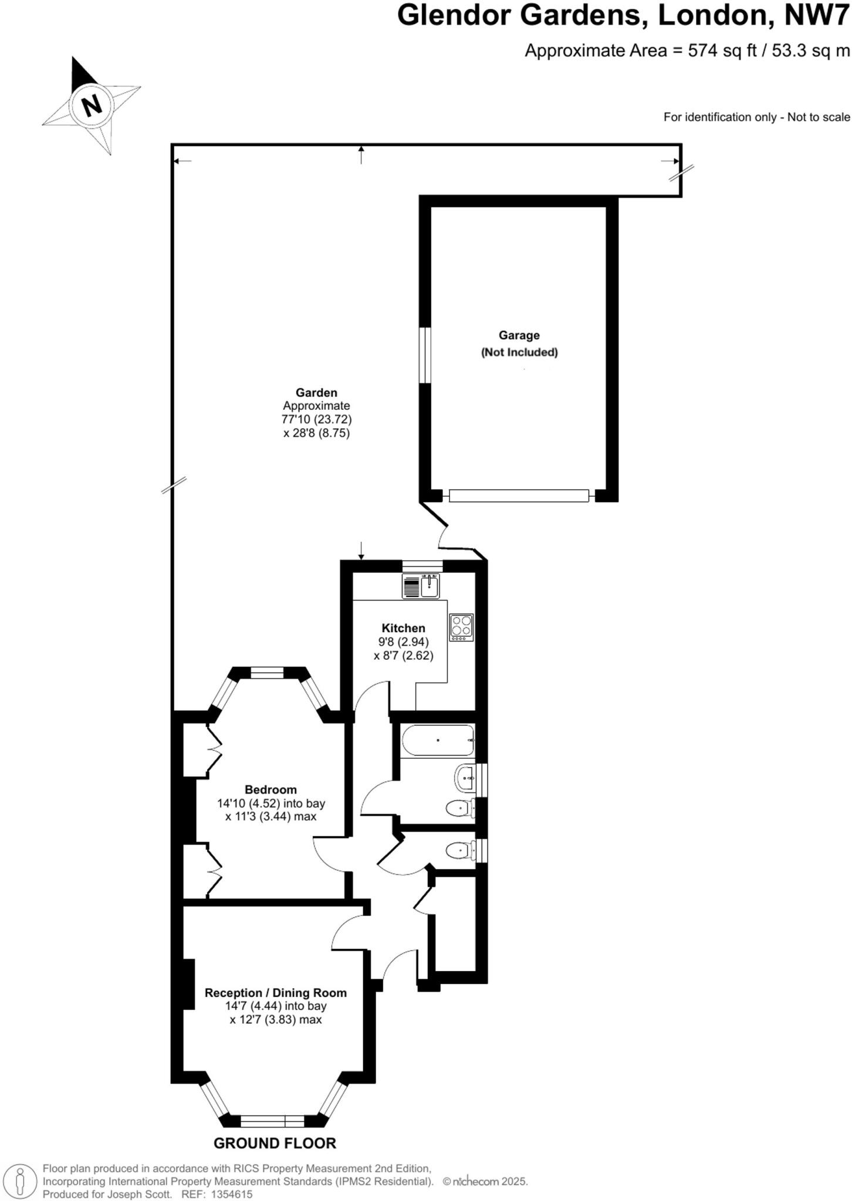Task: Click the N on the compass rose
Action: click(91, 106)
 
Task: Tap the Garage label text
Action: click(519, 335)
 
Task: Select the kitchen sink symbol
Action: click(421, 586)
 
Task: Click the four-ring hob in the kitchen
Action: click(461, 627)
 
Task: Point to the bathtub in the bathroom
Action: click(438, 740)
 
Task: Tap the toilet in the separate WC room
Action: click(461, 850)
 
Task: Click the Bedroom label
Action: click(271, 789)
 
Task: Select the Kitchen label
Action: click(403, 627)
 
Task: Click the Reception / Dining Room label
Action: click(275, 993)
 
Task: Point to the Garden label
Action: click(316, 392)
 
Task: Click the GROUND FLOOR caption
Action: click(275, 1143)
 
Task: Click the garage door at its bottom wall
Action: click(519, 496)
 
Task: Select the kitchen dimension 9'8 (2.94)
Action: click(403, 642)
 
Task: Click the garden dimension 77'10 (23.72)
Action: click(316, 419)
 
